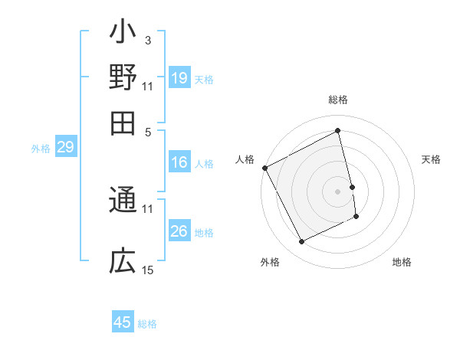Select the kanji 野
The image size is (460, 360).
[123, 78]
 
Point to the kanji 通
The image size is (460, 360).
[123, 201]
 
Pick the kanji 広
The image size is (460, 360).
[123, 261]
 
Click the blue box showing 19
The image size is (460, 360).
[179, 78]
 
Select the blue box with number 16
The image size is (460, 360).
[179, 162]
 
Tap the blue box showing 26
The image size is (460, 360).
[179, 232]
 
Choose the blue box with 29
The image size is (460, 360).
[65, 148]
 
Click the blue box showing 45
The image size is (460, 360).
[123, 322]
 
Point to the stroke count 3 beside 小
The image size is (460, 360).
[147, 40]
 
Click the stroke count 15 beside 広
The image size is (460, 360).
[148, 270]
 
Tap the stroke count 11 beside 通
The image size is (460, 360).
[148, 208]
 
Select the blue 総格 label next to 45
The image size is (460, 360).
[147, 324]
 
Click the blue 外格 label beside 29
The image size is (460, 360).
[41, 149]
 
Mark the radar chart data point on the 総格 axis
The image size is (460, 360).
[338, 130]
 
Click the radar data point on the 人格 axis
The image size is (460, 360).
[264, 168]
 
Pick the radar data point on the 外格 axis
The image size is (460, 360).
[301, 242]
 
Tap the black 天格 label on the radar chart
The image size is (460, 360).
[431, 159]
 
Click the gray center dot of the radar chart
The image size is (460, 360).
[338, 191]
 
